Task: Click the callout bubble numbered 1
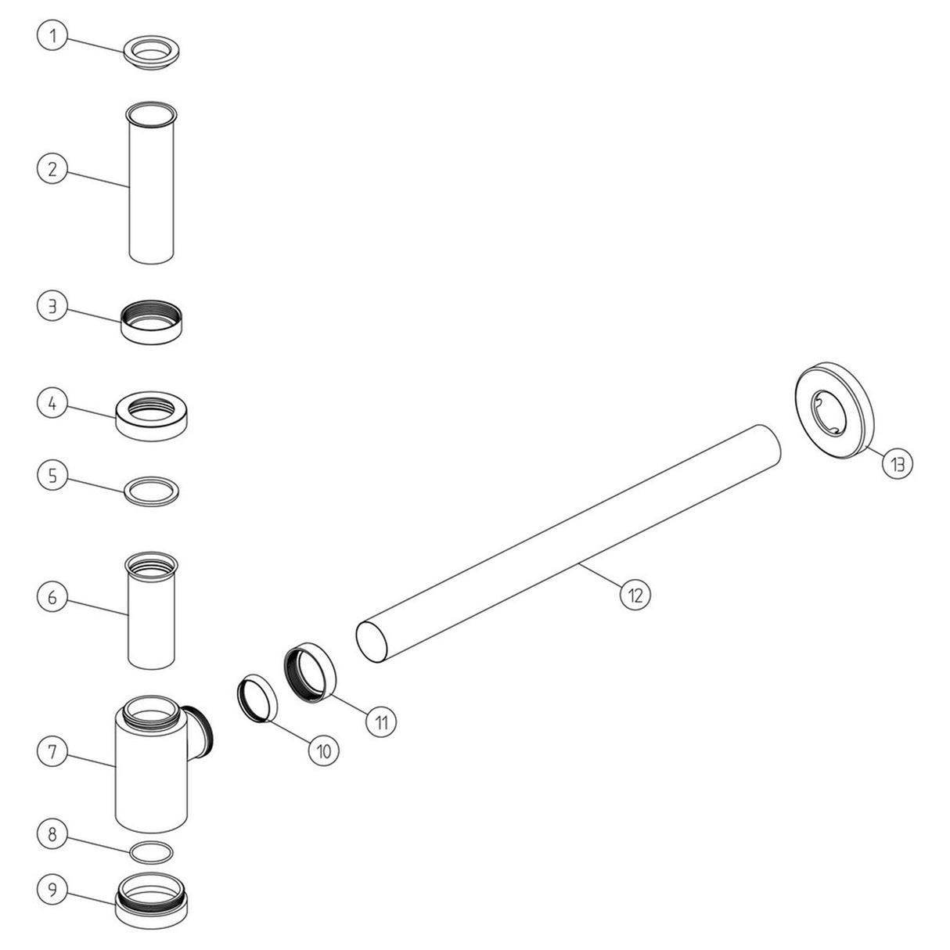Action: point(52,36)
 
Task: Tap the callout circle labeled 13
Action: point(897,464)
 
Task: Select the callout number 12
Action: point(635,594)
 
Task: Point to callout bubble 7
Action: point(52,752)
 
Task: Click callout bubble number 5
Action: point(52,476)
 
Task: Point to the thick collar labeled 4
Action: point(154,416)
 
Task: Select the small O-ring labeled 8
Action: point(149,851)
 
